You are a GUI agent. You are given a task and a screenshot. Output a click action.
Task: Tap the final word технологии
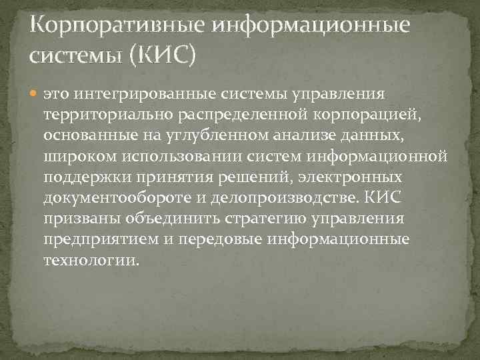[92, 261]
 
